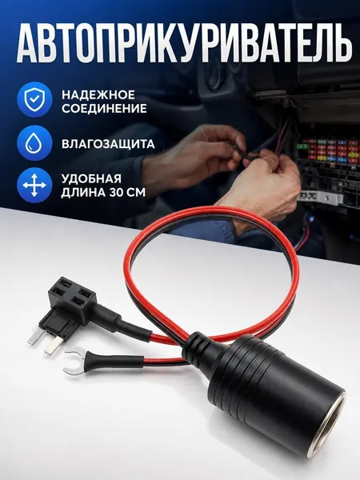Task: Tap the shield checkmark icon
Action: click(34, 99)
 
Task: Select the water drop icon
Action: click(34, 143)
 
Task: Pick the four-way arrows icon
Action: click(34, 186)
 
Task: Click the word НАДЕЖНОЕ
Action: click(98, 94)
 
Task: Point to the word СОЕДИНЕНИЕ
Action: click(104, 109)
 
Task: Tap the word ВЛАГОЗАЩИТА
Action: click(108, 144)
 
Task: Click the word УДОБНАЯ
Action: click(91, 178)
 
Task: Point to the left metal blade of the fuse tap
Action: click(35, 338)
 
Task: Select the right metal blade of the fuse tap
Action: click(52, 346)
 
